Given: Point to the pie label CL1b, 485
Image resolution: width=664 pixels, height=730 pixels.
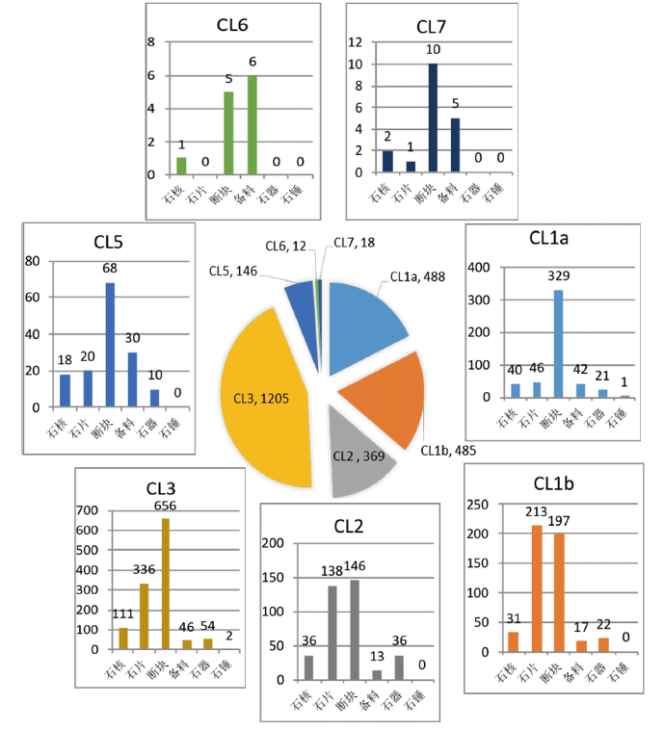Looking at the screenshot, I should pos(449,449).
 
